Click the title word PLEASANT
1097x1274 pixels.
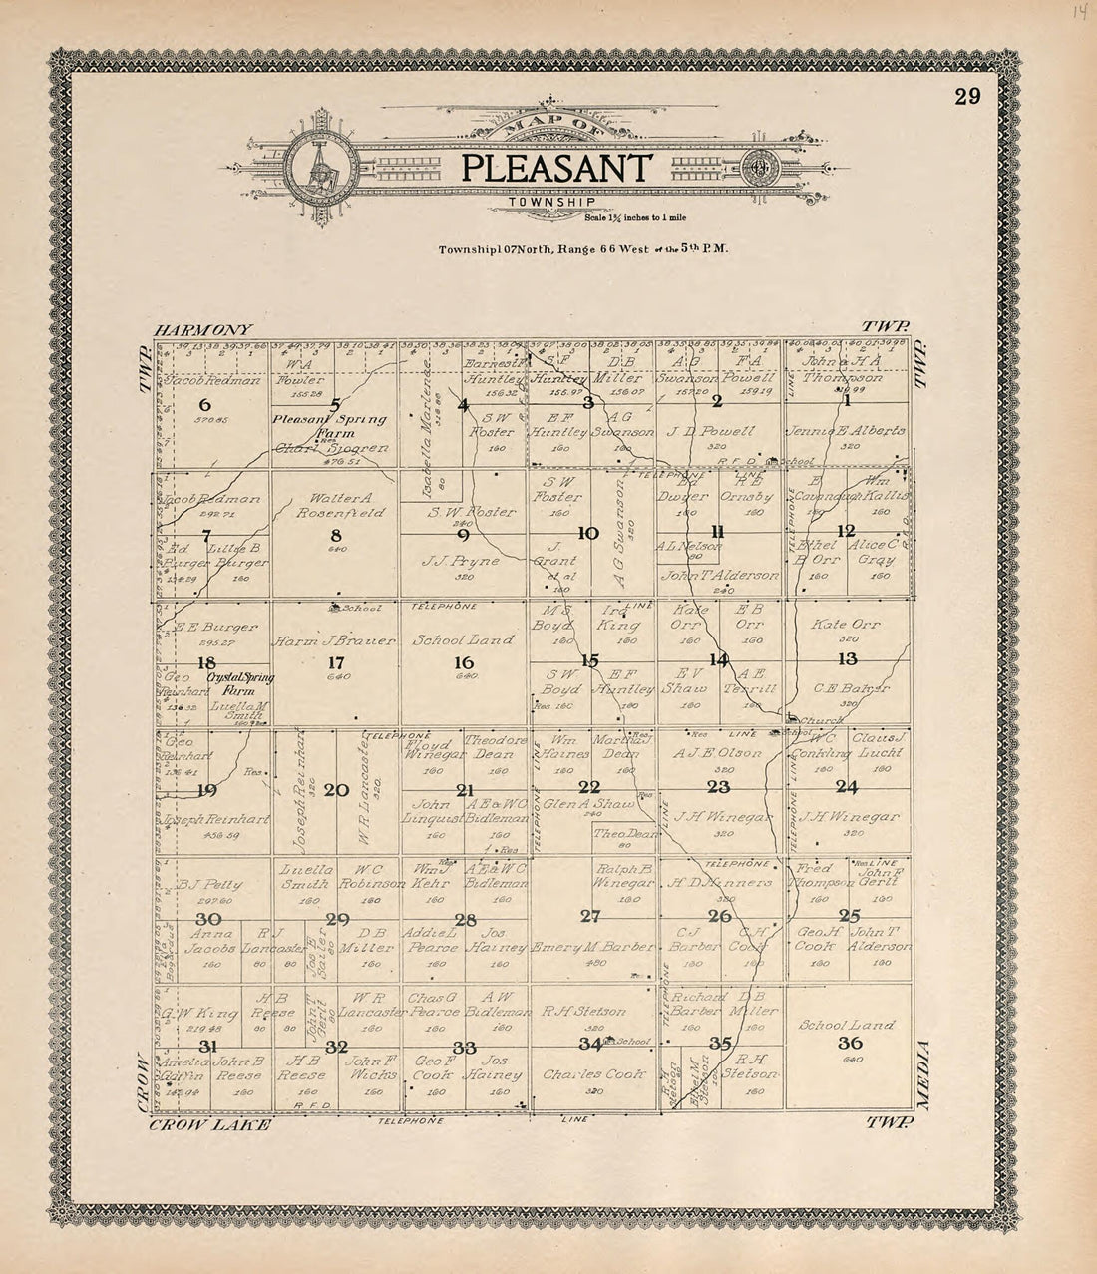[x=556, y=167]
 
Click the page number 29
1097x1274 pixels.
[x=966, y=96]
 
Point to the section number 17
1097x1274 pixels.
[x=336, y=661]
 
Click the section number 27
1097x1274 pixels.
[x=591, y=915]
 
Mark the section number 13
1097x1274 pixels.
[x=847, y=658]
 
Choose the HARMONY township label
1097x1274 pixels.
[x=204, y=329]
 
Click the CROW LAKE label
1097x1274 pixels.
[x=209, y=1124]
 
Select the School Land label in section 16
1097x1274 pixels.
[x=463, y=640]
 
